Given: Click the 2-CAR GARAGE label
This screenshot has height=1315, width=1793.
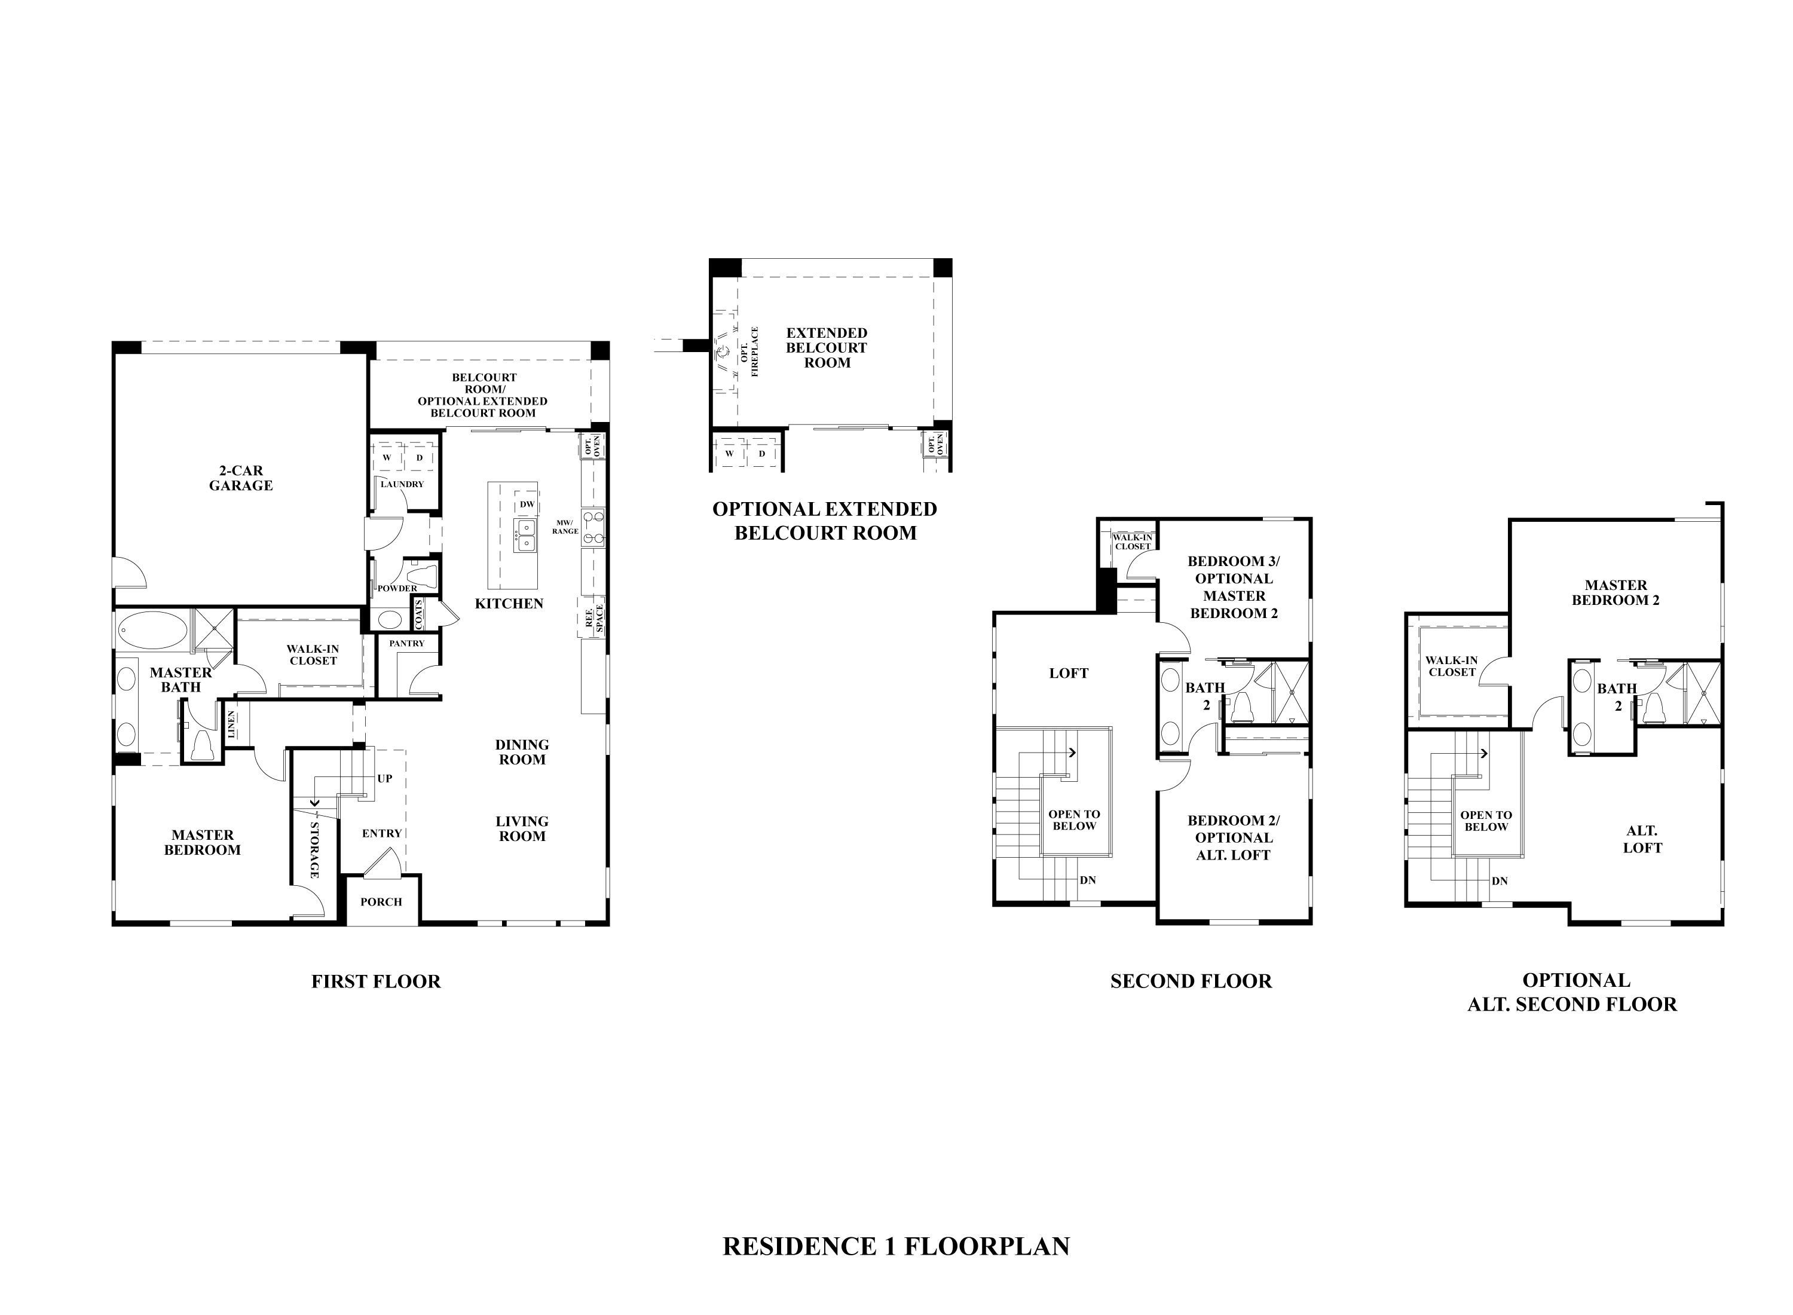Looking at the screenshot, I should click(x=240, y=478).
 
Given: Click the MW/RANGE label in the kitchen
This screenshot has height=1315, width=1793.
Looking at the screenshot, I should click(x=565, y=526).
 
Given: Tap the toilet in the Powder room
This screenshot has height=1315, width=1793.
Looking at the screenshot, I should click(x=423, y=573).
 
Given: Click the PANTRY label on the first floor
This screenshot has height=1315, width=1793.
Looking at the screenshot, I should click(x=406, y=643).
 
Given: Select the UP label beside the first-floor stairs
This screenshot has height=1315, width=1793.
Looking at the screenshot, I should click(x=384, y=778).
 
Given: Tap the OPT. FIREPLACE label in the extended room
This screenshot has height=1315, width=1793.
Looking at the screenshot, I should click(x=749, y=351).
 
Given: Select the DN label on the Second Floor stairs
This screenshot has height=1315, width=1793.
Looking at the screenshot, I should click(x=1088, y=880).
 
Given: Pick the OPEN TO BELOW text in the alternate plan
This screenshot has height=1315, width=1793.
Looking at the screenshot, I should click(x=1486, y=821).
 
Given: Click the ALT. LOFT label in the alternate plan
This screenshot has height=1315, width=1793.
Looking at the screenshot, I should click(x=1642, y=840).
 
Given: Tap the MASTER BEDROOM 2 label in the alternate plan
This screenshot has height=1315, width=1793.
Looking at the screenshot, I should click(x=1615, y=592).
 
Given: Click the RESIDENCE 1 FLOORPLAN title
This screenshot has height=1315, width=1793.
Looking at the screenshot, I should click(x=896, y=1246).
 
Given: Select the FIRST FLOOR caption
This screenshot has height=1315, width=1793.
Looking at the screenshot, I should click(x=375, y=981).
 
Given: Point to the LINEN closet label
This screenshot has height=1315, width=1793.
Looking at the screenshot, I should click(x=231, y=724).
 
